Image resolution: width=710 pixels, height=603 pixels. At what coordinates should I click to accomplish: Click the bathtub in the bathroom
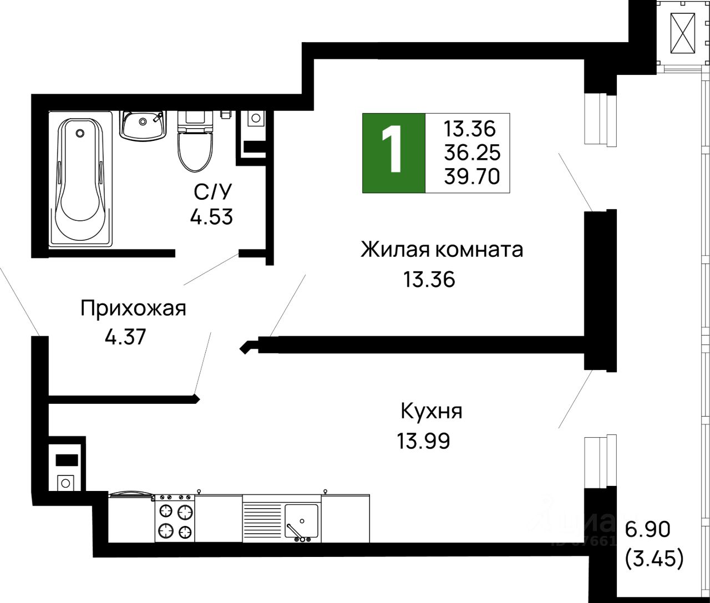(x=81, y=180)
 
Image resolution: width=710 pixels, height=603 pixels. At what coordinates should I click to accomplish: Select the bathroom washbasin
(x=143, y=125)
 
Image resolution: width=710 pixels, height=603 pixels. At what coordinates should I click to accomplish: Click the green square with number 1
(x=394, y=153)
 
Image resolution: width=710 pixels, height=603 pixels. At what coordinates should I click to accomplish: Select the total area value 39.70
(x=472, y=177)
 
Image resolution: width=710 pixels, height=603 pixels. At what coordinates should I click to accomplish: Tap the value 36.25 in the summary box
(x=472, y=153)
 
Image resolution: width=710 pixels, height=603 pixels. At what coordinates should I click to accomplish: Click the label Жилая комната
(x=442, y=250)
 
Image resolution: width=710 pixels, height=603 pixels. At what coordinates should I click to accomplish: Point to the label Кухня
(x=431, y=412)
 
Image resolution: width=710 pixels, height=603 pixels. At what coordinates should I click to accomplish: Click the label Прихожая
(x=133, y=308)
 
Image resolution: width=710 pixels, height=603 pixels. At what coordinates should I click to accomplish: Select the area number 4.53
(x=211, y=217)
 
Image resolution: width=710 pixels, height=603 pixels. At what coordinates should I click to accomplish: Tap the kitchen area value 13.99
(x=423, y=442)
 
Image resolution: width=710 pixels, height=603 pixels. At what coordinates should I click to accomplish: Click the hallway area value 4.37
(x=125, y=337)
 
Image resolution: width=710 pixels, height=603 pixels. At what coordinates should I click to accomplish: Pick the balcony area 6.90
(x=648, y=530)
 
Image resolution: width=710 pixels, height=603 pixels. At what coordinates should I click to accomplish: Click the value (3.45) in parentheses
(x=654, y=559)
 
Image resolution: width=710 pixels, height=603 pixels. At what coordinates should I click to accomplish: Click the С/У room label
(x=212, y=192)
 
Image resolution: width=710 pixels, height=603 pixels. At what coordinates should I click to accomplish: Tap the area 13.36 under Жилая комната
(x=429, y=280)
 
